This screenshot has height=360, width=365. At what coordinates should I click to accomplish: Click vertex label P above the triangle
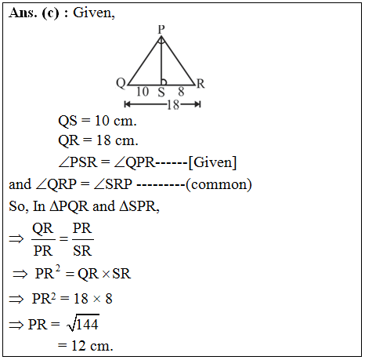[x=161, y=29]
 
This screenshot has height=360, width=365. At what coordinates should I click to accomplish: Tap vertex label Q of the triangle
[x=121, y=84]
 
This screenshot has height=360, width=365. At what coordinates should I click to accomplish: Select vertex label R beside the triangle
[x=201, y=84]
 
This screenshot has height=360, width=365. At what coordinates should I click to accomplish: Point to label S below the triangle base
[x=161, y=92]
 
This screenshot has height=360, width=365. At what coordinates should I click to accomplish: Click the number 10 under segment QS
[x=143, y=92]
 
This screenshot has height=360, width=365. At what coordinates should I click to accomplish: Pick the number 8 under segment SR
[x=181, y=92]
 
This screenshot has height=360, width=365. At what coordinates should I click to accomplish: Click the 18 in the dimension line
[x=173, y=105]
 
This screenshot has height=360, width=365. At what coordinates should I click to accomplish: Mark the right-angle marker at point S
[x=164, y=82]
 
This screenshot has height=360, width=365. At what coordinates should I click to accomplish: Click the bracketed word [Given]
[x=212, y=162]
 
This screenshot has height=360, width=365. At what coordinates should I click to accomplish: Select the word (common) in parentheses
[x=219, y=184]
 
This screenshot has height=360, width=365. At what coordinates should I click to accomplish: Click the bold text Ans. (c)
[x=34, y=13]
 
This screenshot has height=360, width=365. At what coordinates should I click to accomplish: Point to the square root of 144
[x=83, y=323]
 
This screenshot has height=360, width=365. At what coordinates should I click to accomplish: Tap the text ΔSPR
[x=139, y=206]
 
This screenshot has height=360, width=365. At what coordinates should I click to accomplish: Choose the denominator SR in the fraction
[x=82, y=251]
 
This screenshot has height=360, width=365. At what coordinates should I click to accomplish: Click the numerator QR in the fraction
[x=43, y=229]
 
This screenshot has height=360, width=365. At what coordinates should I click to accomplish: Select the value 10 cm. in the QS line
[x=116, y=121]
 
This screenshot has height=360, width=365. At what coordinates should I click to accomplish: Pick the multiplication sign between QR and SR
[x=106, y=274]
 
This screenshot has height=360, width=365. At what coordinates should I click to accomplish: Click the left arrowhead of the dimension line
[x=127, y=104]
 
